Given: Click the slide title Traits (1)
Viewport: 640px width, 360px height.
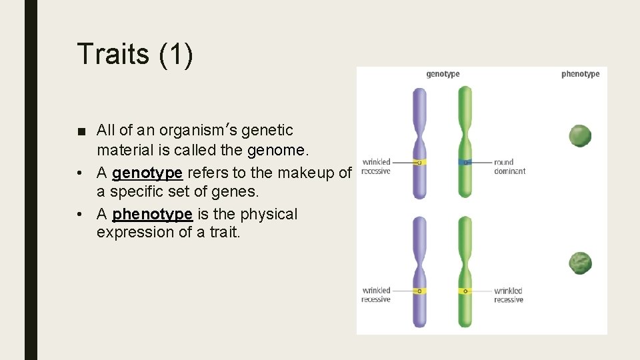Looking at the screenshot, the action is [x=135, y=54].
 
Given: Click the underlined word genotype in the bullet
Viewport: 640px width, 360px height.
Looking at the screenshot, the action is [x=147, y=173].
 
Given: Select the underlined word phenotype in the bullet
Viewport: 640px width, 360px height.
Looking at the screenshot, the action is [x=152, y=214].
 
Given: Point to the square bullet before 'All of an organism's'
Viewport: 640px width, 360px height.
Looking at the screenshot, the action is [x=81, y=131].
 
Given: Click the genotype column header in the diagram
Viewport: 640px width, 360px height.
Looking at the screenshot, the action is [x=443, y=74].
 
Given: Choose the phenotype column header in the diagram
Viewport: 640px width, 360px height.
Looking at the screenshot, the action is [x=580, y=74].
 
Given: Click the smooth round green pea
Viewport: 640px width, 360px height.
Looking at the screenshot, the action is [x=580, y=136].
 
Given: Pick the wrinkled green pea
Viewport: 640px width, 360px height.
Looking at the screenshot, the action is [x=580, y=263].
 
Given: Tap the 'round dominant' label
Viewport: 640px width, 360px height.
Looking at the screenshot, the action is [x=509, y=167].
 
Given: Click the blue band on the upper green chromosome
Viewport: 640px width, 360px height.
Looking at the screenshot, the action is [x=465, y=162].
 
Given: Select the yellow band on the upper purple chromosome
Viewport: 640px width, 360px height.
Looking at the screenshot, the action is [x=419, y=162].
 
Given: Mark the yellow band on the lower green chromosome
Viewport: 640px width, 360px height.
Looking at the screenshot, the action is [x=465, y=291].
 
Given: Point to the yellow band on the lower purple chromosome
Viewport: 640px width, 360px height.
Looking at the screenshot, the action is [x=419, y=291].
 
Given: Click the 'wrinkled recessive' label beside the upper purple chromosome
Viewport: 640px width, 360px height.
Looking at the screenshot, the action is [x=376, y=167].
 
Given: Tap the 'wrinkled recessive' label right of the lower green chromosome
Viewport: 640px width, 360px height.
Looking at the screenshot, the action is [x=508, y=295].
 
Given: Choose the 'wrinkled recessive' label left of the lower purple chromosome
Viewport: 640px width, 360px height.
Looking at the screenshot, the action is [x=376, y=295].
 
